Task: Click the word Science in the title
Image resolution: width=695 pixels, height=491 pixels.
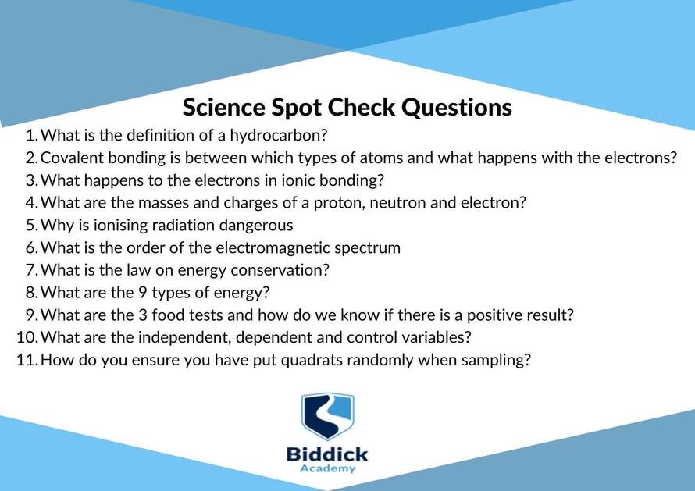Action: [224, 107]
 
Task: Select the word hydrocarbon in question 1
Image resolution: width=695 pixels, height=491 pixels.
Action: [278, 135]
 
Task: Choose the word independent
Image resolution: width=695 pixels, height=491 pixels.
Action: [184, 338]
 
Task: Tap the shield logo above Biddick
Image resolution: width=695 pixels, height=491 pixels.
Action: [327, 416]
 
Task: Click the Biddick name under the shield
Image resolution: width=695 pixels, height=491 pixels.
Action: [327, 454]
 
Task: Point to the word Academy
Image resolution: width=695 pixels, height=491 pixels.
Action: [327, 469]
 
